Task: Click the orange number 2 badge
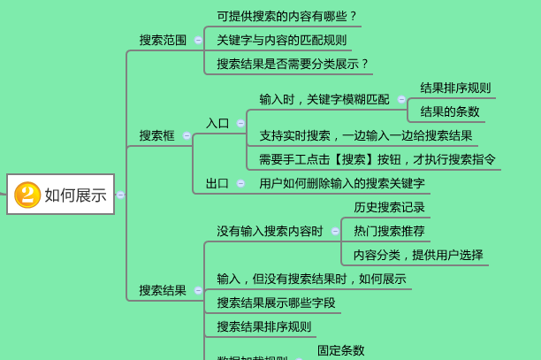(27, 195)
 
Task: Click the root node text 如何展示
(75, 195)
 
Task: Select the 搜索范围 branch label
(163, 40)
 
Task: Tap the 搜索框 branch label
(156, 135)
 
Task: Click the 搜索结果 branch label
(163, 290)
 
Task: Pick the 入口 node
(217, 123)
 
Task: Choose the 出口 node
(217, 183)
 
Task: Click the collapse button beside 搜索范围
(198, 40)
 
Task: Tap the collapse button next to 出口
(240, 183)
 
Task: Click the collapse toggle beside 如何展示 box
(120, 195)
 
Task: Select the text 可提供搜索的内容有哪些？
(287, 16)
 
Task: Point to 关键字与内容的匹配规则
(282, 40)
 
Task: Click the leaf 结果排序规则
(455, 88)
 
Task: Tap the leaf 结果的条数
(450, 111)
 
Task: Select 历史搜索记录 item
(390, 207)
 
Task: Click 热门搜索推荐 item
(390, 231)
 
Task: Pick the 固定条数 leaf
(341, 350)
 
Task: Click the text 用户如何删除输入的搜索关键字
(342, 183)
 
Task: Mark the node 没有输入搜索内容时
(270, 231)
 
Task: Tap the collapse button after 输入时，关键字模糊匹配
(401, 99)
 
